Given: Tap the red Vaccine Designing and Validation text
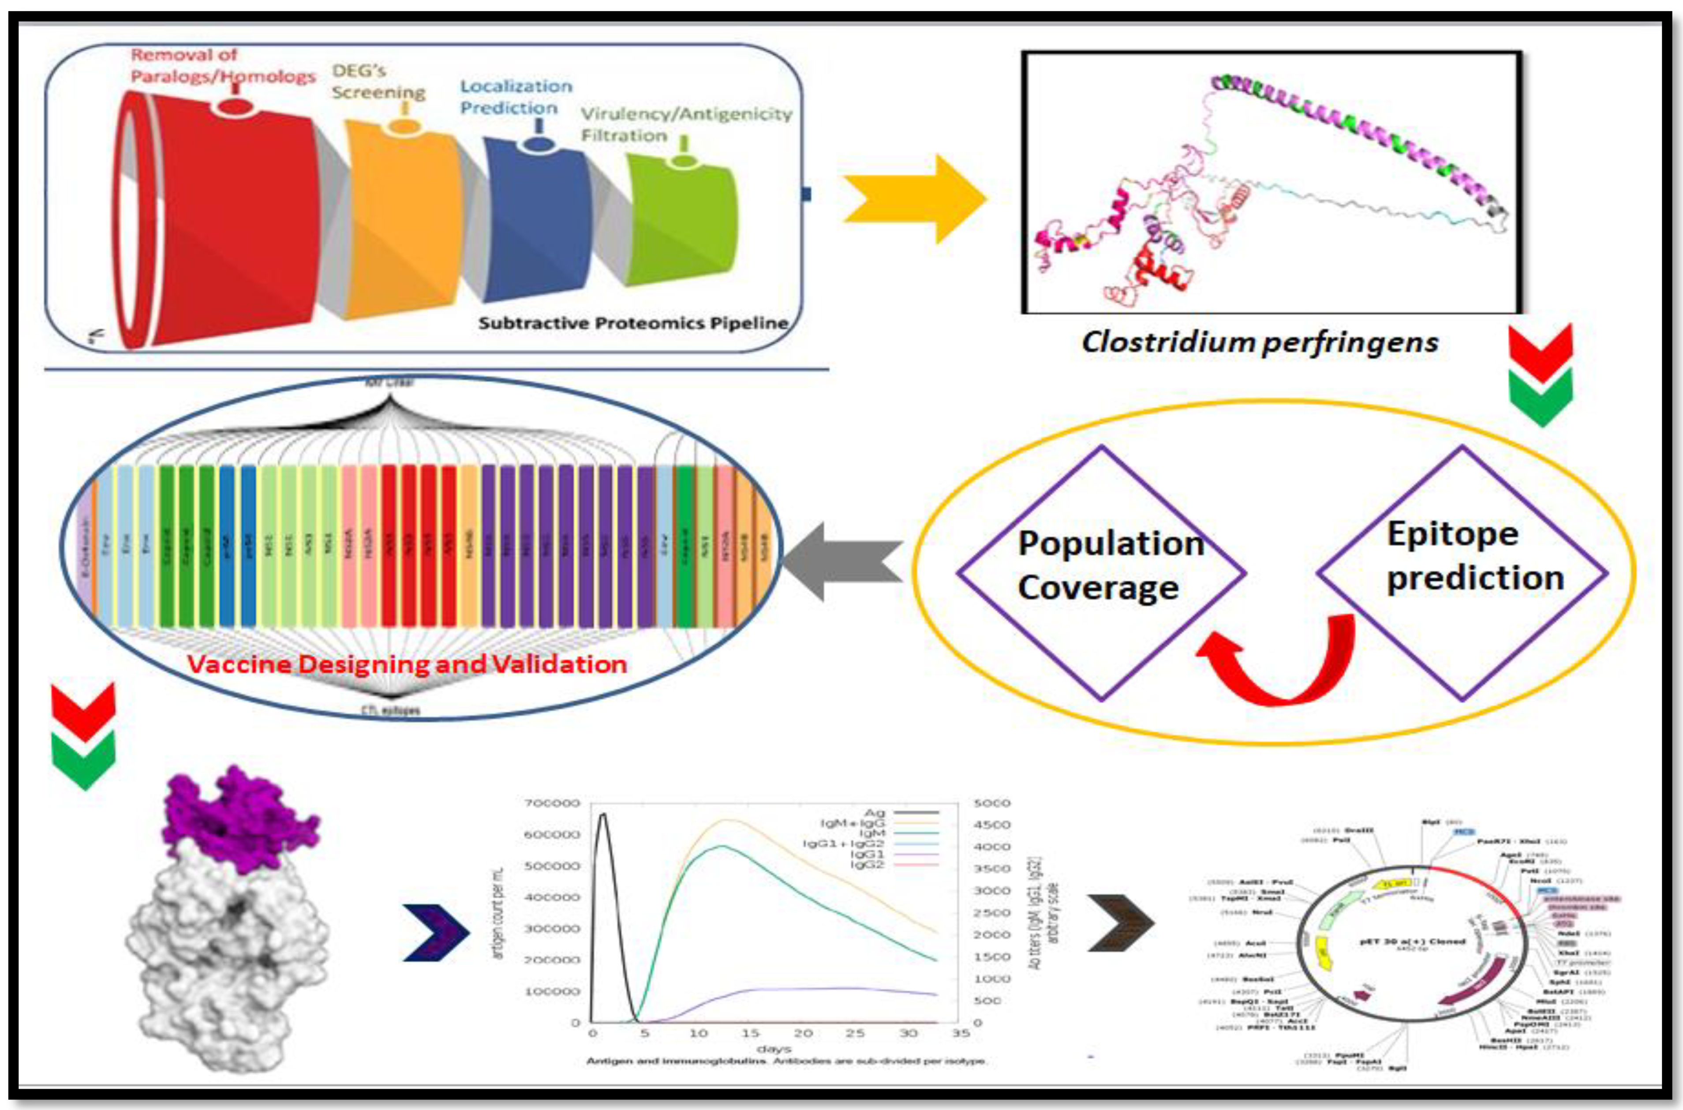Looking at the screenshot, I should pos(407,664).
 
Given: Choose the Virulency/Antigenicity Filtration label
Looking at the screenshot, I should pos(685,124).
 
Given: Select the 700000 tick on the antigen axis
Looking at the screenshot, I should pos(552,803).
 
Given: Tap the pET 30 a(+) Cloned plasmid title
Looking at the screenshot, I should pos(1412,941).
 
